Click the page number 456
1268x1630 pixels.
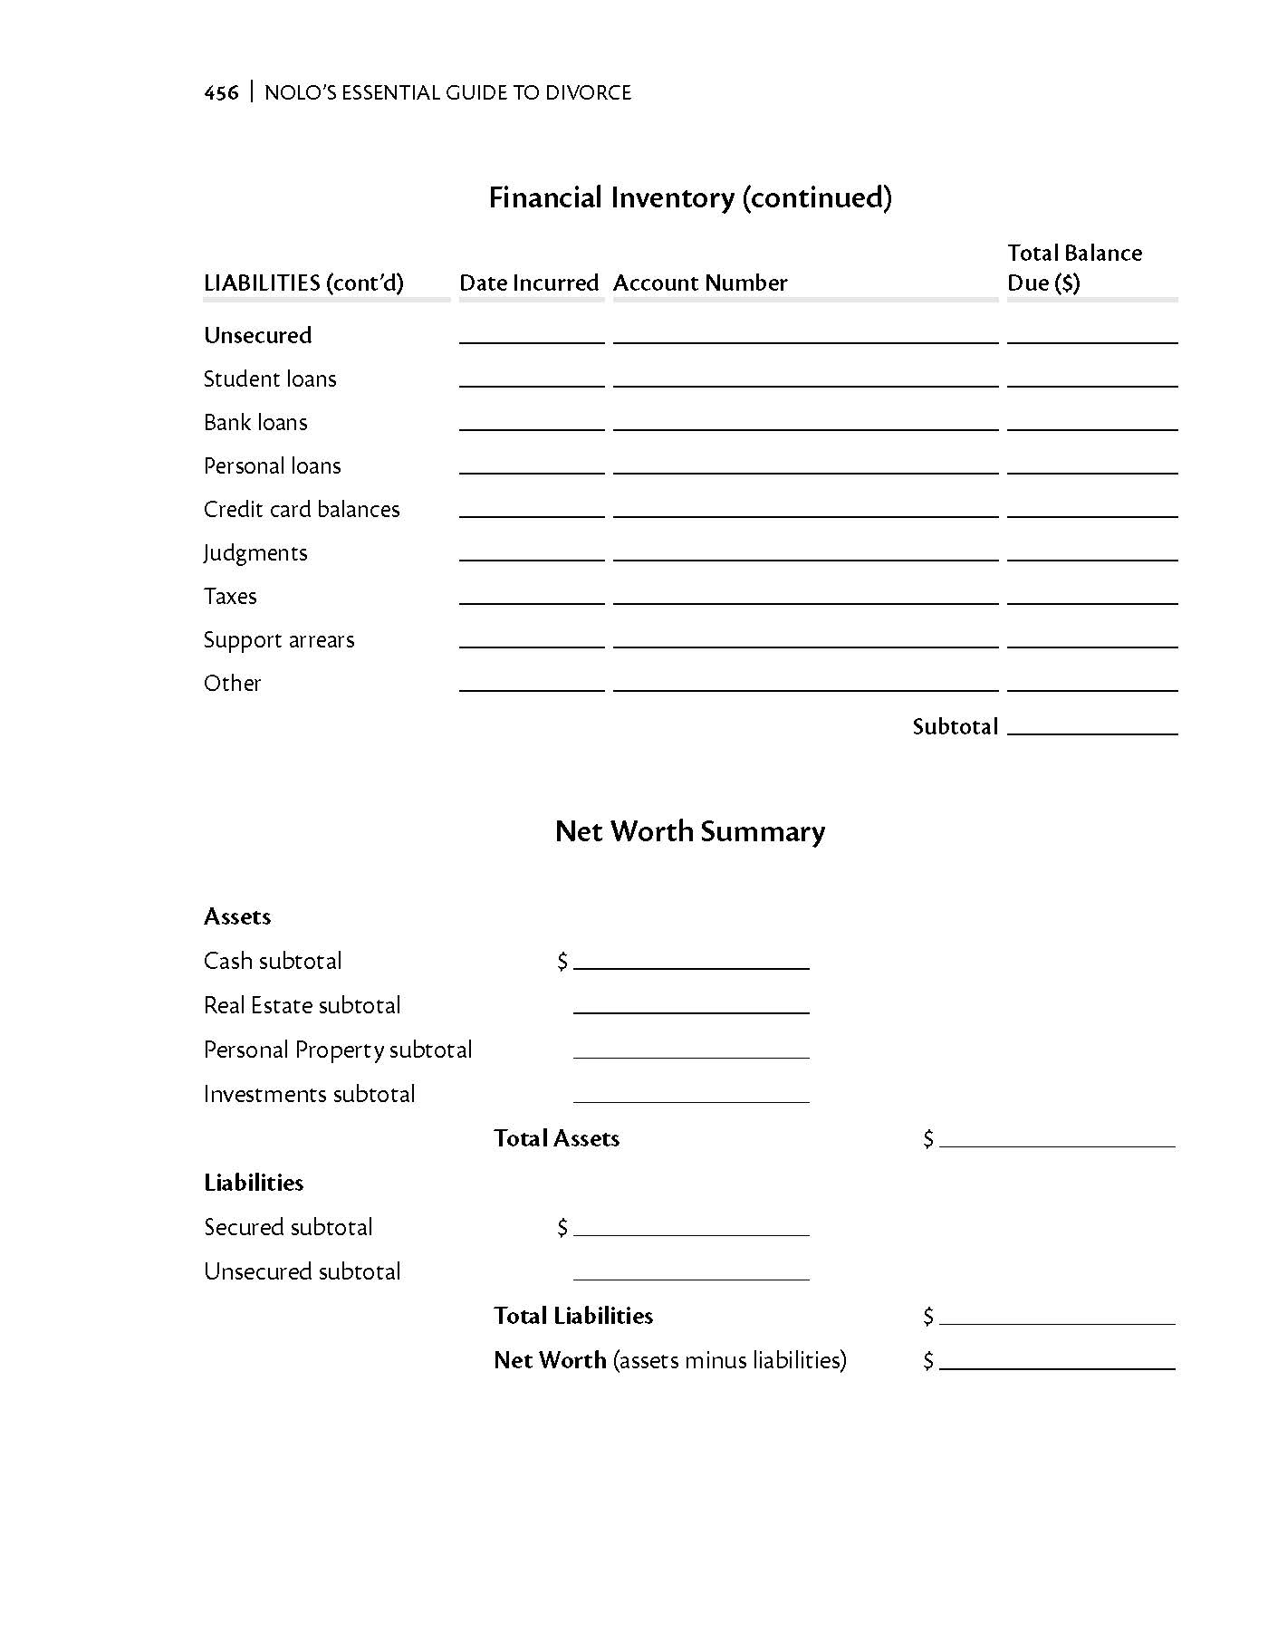click(221, 92)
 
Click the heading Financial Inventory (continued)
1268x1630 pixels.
click(690, 197)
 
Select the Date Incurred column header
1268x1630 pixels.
click(529, 283)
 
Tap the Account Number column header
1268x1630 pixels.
click(700, 283)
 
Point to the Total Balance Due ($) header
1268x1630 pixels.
click(1074, 268)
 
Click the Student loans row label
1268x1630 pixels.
click(270, 379)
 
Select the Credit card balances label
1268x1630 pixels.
click(302, 509)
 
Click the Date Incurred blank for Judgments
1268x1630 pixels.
click(532, 552)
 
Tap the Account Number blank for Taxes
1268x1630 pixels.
click(805, 596)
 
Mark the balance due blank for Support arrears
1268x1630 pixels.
click(1092, 639)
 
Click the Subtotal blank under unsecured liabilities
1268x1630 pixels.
click(1092, 725)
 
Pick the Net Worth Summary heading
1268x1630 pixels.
click(690, 831)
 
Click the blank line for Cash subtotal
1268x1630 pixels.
click(691, 961)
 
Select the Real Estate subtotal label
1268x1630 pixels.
click(302, 1005)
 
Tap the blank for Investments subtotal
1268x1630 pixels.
click(691, 1094)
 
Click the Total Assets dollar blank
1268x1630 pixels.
click(1057, 1138)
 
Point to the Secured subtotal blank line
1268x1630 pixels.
click(691, 1227)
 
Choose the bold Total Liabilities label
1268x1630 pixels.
click(573, 1315)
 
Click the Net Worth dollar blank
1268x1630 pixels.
click(1057, 1360)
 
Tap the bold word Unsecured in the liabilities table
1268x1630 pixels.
click(257, 335)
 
